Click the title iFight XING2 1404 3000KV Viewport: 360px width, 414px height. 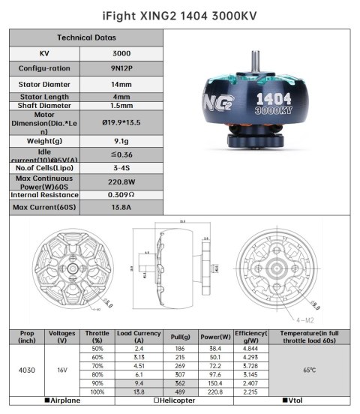179,13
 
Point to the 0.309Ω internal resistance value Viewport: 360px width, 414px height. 126,194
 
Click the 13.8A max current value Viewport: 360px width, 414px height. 126,206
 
